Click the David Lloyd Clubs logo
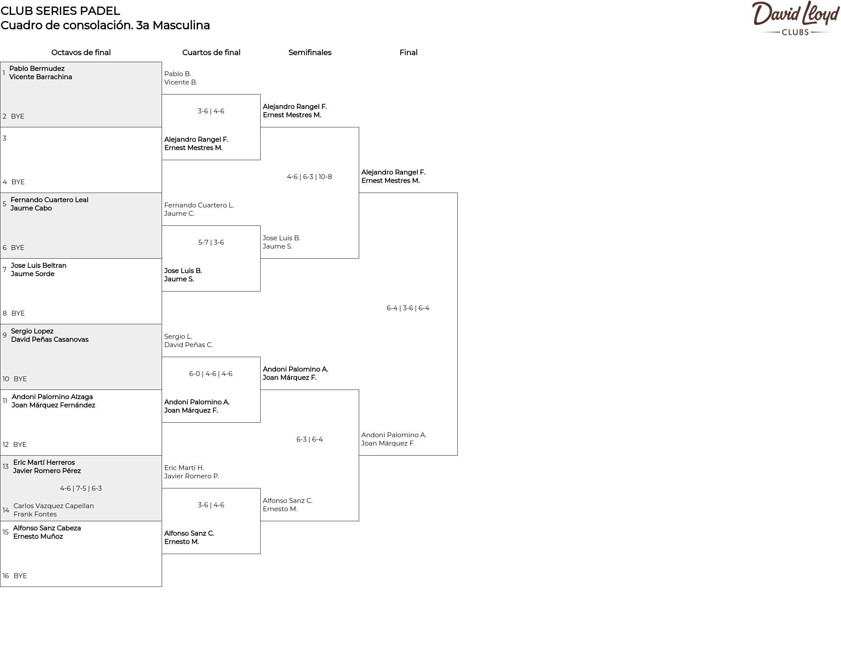point(795,18)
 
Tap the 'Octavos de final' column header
point(81,53)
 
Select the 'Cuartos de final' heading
point(211,53)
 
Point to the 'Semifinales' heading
point(310,53)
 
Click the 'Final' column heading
point(408,53)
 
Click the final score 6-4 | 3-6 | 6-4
point(408,308)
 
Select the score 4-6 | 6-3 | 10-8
point(309,177)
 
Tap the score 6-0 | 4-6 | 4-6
point(211,374)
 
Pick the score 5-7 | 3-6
point(211,242)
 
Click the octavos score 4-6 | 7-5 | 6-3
point(81,488)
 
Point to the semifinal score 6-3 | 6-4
point(309,439)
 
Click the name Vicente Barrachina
point(41,77)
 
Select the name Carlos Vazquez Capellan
point(53,506)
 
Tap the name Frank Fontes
point(35,514)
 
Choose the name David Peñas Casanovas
point(49,340)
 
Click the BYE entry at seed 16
point(20,576)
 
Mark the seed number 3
point(4,138)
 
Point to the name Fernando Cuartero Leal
point(49,200)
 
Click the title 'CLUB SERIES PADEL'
point(60,11)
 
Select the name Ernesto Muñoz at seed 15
point(38,537)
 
